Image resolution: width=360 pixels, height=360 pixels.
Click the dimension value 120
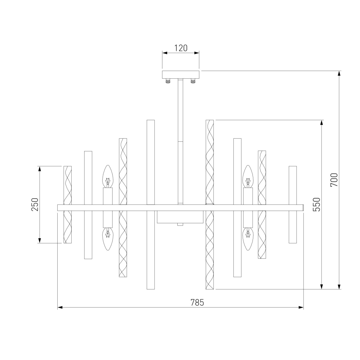[x=181, y=48]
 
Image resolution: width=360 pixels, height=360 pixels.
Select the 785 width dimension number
[x=197, y=302]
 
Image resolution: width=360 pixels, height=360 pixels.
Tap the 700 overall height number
[x=334, y=180]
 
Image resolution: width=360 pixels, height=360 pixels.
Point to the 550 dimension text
[x=316, y=204]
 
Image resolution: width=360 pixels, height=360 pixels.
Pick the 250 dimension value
[x=35, y=204]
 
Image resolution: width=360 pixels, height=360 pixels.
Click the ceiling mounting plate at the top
[x=181, y=74]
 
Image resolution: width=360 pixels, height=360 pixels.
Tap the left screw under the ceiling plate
[x=168, y=81]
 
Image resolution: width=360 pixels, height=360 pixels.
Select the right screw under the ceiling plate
[x=193, y=81]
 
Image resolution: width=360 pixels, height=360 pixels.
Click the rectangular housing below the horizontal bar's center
[x=180, y=217]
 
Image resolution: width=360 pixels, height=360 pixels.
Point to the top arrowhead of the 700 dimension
[x=339, y=74]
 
